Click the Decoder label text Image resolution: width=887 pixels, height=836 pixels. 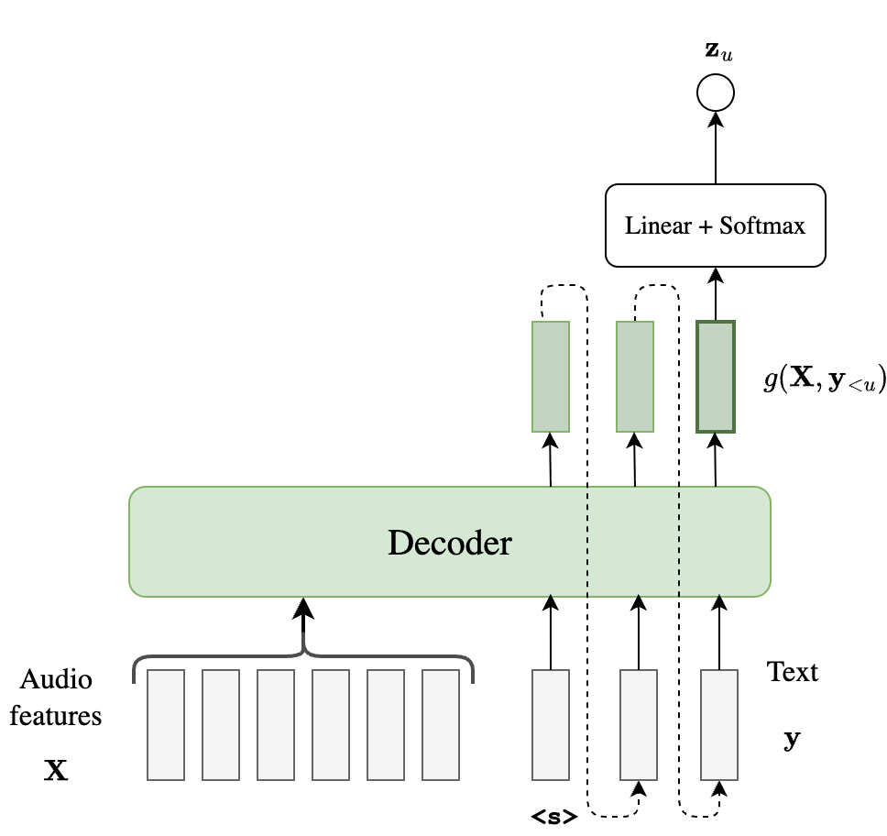click(449, 543)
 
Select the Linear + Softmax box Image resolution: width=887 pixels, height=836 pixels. click(715, 225)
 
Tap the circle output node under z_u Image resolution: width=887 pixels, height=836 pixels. click(715, 93)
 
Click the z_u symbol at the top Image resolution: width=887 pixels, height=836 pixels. click(717, 53)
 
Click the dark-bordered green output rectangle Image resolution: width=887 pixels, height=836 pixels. click(716, 376)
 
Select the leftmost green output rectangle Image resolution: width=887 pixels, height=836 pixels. click(551, 376)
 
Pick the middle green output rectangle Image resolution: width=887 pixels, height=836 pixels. click(635, 376)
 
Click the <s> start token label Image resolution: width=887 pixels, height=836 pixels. click(553, 815)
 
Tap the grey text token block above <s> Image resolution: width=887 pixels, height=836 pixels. click(551, 724)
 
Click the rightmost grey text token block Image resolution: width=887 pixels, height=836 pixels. click(719, 724)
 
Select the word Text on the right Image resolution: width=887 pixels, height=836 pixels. click(793, 672)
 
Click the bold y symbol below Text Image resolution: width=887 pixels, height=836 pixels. click(792, 738)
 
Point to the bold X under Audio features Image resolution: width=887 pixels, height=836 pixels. click(56, 771)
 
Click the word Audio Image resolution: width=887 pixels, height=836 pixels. click(56, 680)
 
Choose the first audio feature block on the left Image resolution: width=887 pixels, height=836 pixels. click(166, 724)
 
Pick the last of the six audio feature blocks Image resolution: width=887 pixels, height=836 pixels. click(441, 724)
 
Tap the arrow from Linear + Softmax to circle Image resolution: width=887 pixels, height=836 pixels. click(716, 147)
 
